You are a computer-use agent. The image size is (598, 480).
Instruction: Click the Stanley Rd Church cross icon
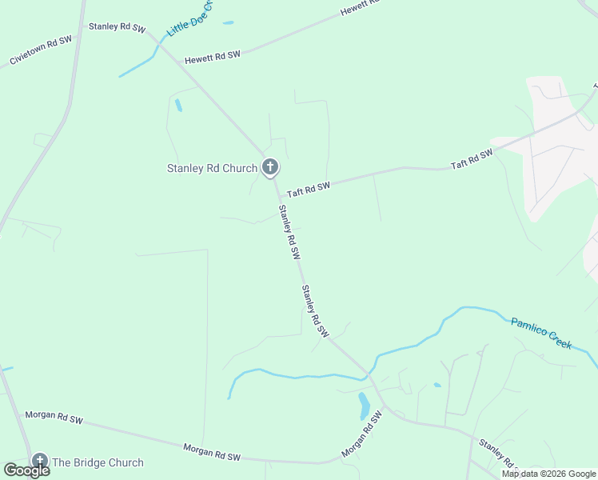coord(270,168)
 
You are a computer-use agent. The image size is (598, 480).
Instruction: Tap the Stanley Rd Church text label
coord(212,168)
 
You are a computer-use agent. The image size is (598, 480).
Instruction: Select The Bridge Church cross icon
coord(39,461)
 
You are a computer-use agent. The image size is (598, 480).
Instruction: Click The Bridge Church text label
coord(98,462)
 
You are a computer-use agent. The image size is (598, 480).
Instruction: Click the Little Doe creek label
coord(191,18)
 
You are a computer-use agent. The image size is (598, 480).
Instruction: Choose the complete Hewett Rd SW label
coord(212,58)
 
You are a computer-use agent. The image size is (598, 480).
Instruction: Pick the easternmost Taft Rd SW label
coord(471,159)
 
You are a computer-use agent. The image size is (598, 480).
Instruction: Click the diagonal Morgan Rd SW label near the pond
coord(358,436)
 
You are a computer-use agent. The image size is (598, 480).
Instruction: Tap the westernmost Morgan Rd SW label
coord(54,417)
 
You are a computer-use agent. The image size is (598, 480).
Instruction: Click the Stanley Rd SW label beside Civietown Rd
coord(117,26)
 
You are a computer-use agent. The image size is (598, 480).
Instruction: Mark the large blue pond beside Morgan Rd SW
coord(364,406)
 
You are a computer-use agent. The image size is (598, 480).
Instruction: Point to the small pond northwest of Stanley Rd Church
coord(178,105)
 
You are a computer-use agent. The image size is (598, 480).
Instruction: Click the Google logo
coord(26,470)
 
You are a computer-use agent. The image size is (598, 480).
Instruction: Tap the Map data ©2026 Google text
coord(548,474)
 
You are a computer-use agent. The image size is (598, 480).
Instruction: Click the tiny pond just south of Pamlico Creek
coord(437,385)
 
